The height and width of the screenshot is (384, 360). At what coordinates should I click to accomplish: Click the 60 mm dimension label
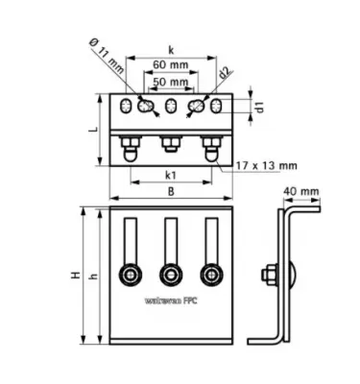pyautogui.click(x=170, y=65)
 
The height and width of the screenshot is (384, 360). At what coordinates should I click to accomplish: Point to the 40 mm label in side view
pyautogui.click(x=300, y=192)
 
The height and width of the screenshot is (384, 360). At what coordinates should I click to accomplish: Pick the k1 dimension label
pyautogui.click(x=170, y=176)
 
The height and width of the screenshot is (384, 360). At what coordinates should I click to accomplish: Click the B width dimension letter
pyautogui.click(x=170, y=192)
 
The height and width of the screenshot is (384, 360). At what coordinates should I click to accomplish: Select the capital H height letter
pyautogui.click(x=74, y=276)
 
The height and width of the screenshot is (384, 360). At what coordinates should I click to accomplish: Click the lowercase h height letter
pyautogui.click(x=92, y=276)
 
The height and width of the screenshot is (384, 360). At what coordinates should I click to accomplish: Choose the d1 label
pyautogui.click(x=258, y=107)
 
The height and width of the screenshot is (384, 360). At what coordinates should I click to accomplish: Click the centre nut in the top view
pyautogui.click(x=170, y=145)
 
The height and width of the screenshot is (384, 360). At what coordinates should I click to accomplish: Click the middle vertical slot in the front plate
pyautogui.click(x=171, y=240)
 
